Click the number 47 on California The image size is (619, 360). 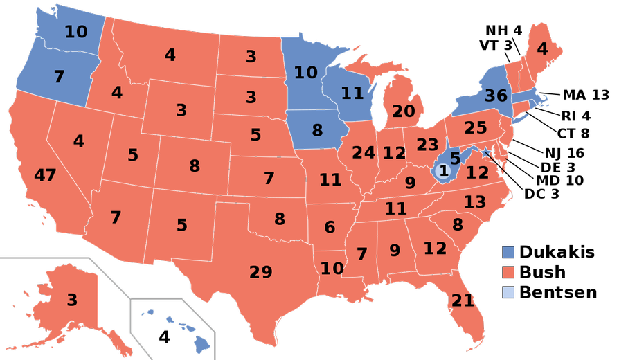point(45,176)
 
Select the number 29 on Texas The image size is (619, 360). point(261,273)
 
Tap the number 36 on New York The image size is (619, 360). point(496,96)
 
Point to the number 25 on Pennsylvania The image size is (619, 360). point(476,128)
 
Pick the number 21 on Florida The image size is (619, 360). point(463,301)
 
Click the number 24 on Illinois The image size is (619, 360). point(364,153)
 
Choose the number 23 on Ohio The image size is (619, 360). point(427,145)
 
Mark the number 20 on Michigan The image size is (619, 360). point(403,111)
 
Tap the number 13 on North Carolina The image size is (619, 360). point(475,202)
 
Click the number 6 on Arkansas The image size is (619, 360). point(330,227)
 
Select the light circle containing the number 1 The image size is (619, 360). point(444,170)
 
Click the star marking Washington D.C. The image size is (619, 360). point(485,152)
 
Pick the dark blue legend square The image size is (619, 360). point(508,253)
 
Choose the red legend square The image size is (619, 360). point(508,272)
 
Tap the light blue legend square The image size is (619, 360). point(508,292)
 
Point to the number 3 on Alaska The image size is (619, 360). point(72,300)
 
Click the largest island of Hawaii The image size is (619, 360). point(201,343)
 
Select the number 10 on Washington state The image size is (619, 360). point(76,32)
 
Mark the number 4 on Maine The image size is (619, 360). point(542,49)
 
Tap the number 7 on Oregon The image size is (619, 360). point(59,77)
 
